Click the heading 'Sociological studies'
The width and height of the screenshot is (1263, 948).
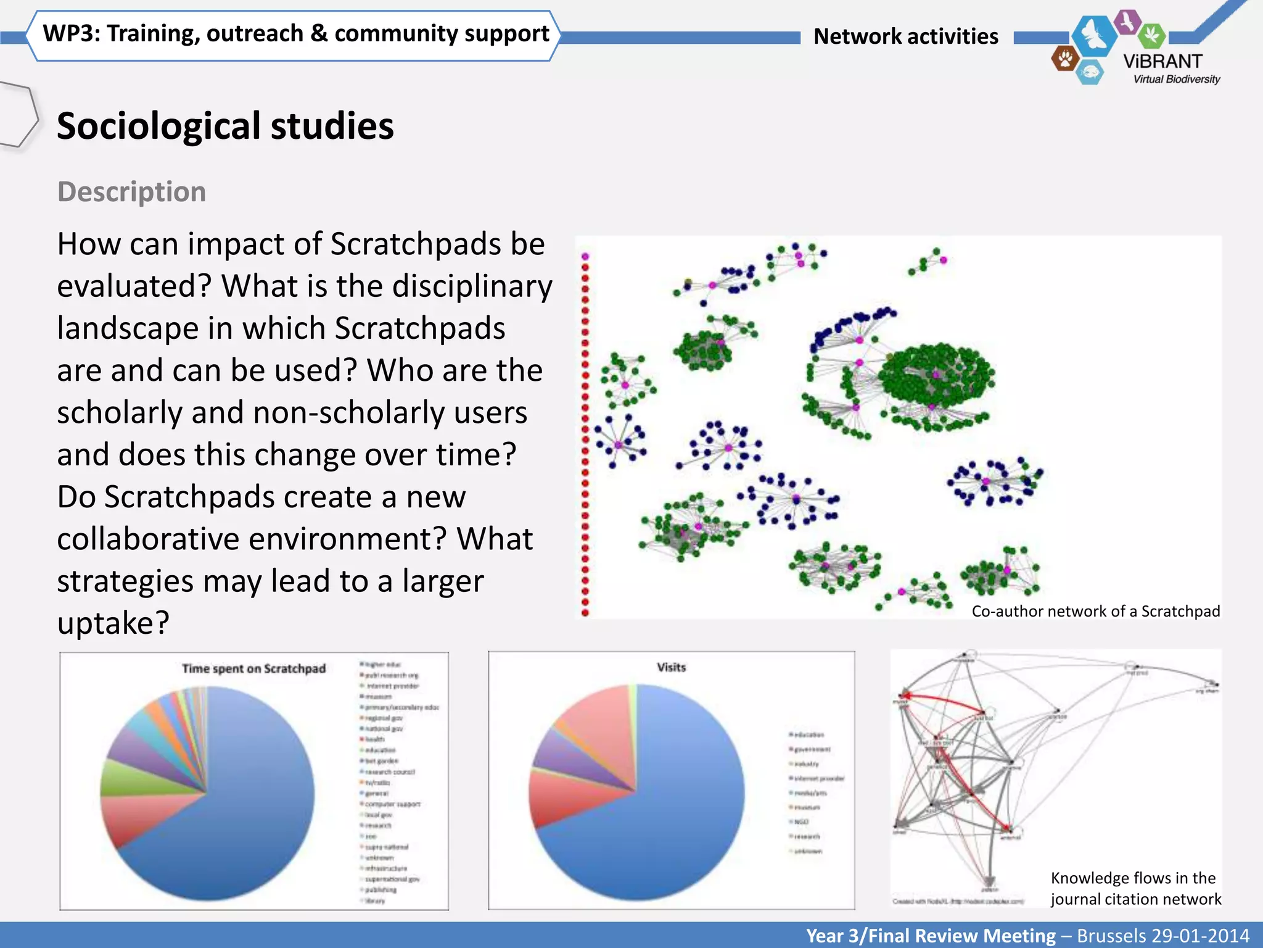[225, 126]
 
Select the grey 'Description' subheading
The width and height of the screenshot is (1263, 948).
[131, 192]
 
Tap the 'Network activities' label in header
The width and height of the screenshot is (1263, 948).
[905, 36]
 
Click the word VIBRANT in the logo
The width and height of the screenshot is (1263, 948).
[1162, 62]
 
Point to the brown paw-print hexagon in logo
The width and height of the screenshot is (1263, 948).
[1065, 59]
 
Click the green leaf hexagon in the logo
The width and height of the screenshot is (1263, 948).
[1151, 35]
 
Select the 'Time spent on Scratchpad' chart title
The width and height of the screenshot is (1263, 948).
[253, 668]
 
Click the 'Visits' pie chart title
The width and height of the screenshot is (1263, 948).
[671, 667]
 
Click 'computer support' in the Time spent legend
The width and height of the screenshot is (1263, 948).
[392, 804]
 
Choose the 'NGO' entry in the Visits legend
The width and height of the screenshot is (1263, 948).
[801, 822]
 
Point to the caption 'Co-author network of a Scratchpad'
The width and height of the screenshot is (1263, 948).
[1095, 611]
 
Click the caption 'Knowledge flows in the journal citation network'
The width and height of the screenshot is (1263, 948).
[1135, 888]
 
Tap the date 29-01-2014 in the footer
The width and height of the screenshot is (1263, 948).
[1196, 936]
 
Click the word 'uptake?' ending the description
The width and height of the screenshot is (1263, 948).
[113, 623]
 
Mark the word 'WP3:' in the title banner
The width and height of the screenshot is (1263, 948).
[71, 34]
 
